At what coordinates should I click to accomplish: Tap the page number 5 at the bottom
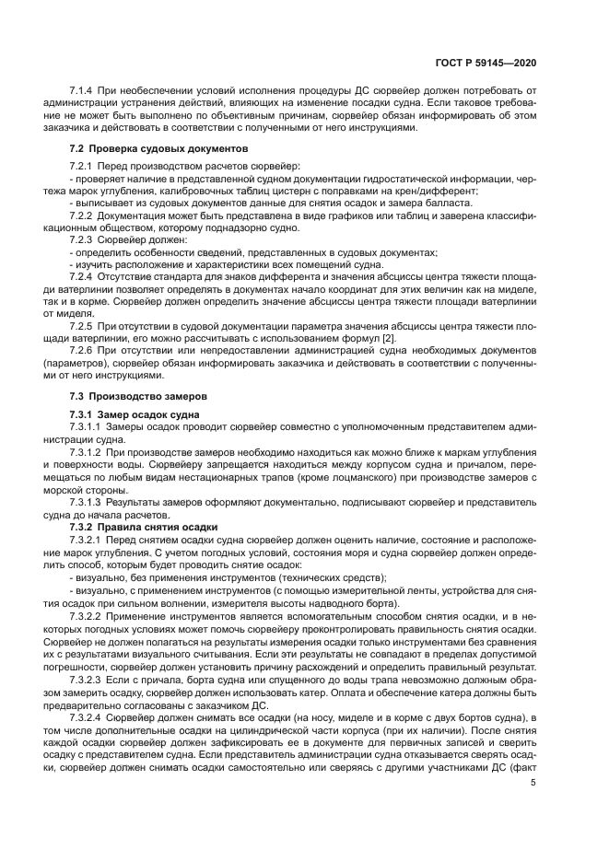coord(533,783)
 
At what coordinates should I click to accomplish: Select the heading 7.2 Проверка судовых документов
coord(159,148)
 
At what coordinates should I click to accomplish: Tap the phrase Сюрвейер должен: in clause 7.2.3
coord(148,239)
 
